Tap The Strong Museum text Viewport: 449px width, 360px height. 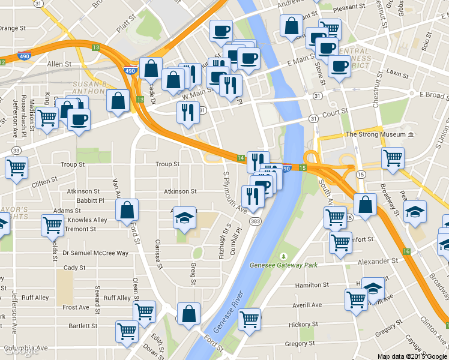(x=375, y=134)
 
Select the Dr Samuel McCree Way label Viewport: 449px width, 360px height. (x=95, y=253)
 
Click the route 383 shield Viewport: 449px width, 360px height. (x=256, y=222)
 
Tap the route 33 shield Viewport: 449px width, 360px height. (x=16, y=150)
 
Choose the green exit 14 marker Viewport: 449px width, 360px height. (x=241, y=158)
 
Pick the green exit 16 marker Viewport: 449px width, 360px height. (x=407, y=251)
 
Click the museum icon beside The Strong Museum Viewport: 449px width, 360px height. (x=411, y=134)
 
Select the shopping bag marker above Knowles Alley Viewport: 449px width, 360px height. (x=127, y=211)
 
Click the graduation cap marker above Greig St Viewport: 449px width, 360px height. (x=185, y=217)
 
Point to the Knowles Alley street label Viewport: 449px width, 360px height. (x=88, y=220)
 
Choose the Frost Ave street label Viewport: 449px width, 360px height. (x=76, y=307)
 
